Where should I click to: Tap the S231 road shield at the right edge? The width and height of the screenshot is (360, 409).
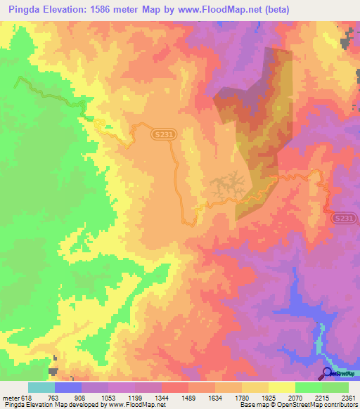(x=345, y=219)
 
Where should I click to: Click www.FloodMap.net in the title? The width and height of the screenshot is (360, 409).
(x=221, y=9)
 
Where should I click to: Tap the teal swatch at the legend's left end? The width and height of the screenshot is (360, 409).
(x=41, y=388)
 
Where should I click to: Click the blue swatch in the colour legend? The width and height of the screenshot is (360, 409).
(x=67, y=388)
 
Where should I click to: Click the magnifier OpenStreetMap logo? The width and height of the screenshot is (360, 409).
(x=327, y=372)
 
